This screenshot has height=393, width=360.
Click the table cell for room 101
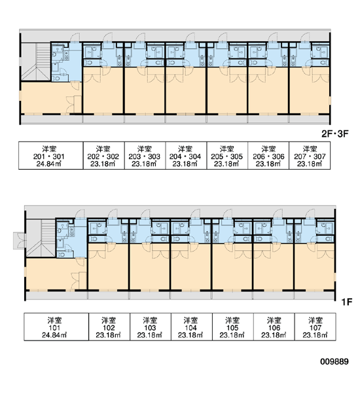pos(56,326)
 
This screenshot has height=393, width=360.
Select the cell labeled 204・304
pos(186,155)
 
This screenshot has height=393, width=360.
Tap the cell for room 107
pos(315,326)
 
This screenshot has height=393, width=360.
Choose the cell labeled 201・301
pos(51,155)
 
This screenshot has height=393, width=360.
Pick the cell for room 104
pos(192,326)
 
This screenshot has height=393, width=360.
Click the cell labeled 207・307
pos(310,155)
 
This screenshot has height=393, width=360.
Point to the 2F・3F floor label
pos(334,134)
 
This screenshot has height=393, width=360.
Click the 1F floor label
pos(347,302)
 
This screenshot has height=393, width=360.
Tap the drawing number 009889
pos(334,362)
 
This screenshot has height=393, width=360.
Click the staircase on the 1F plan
pos(41,238)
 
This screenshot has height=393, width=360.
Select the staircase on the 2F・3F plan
pos(36,62)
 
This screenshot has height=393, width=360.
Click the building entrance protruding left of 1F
pos(19,241)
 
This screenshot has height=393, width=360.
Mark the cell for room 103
pos(151,326)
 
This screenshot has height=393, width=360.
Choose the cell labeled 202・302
pos(103,155)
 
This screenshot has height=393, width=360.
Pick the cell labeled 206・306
pos(268,155)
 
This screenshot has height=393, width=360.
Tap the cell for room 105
pos(233,326)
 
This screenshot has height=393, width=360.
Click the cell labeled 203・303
pos(145,155)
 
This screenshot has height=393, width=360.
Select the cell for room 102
pos(109,326)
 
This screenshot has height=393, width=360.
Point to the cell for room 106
pos(274,326)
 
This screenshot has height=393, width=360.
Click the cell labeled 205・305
pos(227,155)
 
